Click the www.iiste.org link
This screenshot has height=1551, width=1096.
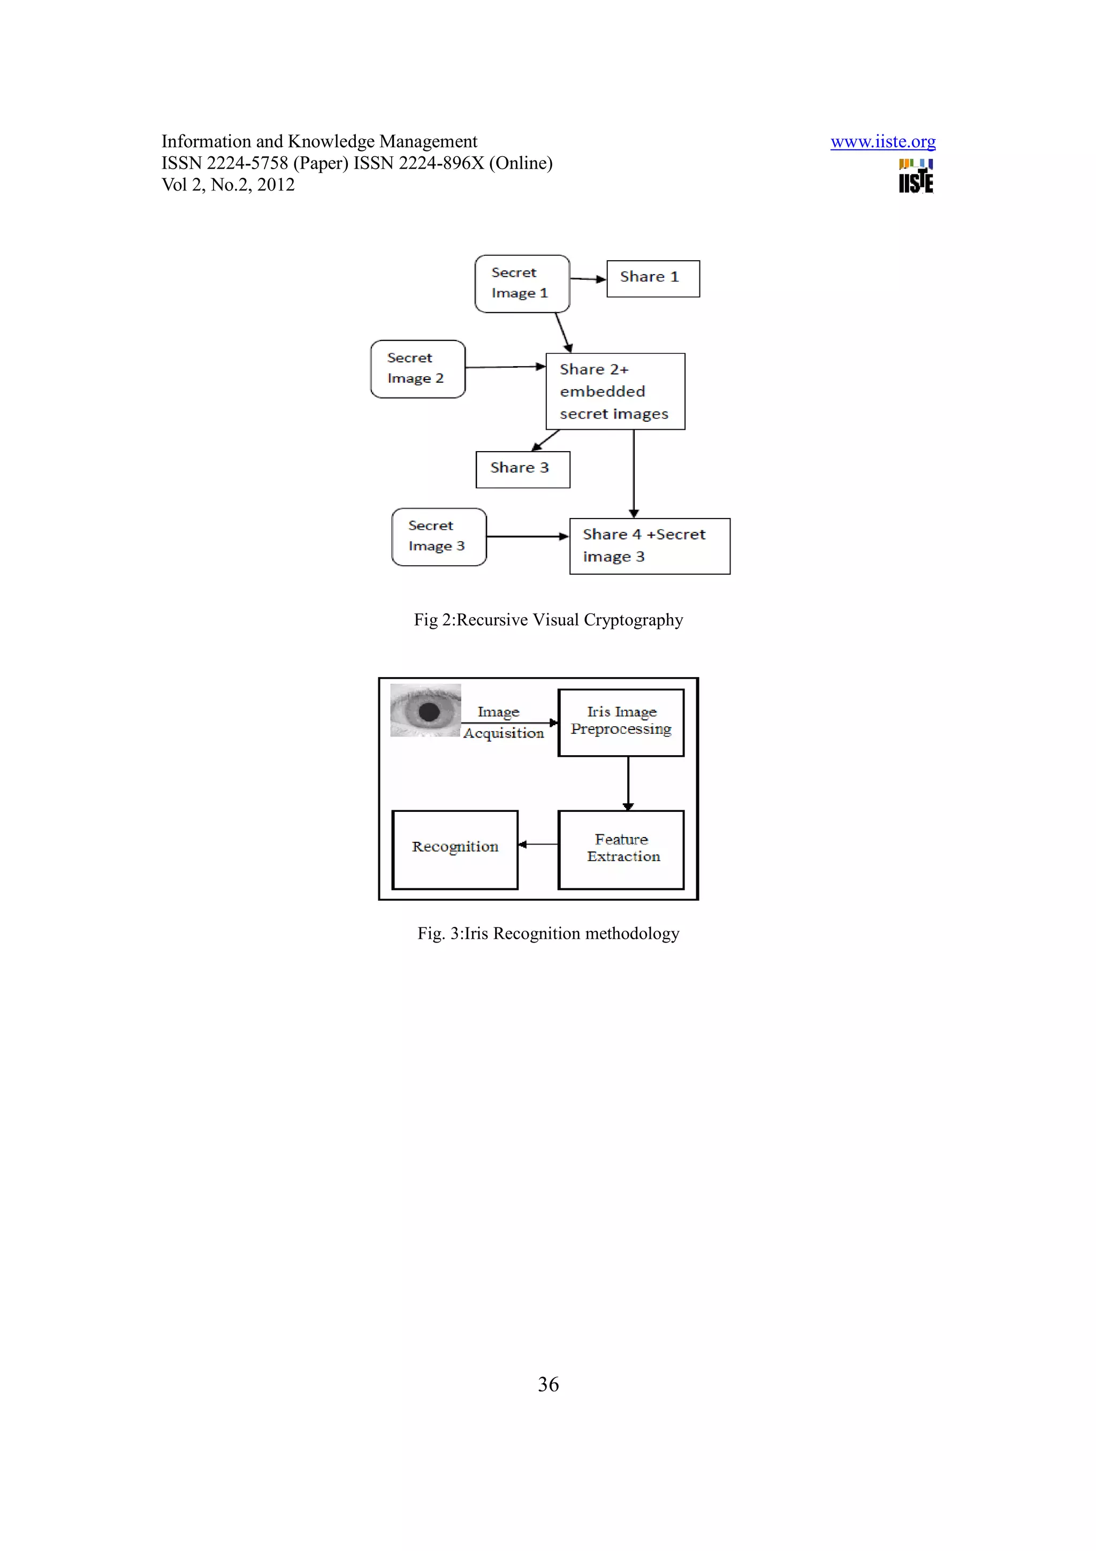click(x=882, y=142)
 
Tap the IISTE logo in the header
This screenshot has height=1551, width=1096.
click(x=916, y=177)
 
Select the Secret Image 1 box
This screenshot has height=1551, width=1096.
click(x=522, y=284)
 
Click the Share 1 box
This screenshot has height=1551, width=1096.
click(x=653, y=278)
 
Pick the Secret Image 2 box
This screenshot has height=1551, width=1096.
click(x=417, y=369)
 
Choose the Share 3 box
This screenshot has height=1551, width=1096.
click(x=523, y=469)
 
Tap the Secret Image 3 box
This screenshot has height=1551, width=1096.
click(x=439, y=536)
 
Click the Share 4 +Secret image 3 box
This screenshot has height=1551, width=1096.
click(x=650, y=546)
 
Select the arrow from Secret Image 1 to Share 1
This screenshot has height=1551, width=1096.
click(x=588, y=278)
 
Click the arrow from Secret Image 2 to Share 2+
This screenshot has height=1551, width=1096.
click(x=505, y=367)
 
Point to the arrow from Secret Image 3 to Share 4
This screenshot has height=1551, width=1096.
click(x=528, y=536)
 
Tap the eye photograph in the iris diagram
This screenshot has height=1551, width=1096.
click(x=425, y=710)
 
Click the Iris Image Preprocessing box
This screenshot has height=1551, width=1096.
click(x=621, y=722)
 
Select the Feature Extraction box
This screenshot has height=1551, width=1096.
click(x=621, y=849)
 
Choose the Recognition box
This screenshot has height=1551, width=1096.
click(x=454, y=849)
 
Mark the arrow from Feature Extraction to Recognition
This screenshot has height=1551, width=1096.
click(x=538, y=843)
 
